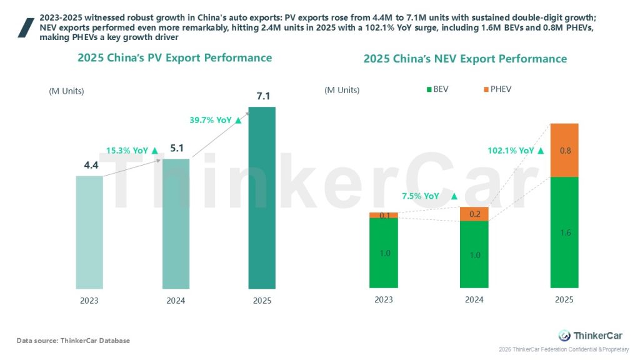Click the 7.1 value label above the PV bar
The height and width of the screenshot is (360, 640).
[262, 96]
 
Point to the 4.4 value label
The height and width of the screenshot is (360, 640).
[90, 166]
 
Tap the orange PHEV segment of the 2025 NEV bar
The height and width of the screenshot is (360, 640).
[564, 150]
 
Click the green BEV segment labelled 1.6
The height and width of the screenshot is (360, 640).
[564, 233]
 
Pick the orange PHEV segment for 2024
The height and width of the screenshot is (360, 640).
[474, 214]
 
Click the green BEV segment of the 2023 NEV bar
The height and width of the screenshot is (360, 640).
[384, 253]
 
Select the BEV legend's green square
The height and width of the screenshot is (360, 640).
[429, 89]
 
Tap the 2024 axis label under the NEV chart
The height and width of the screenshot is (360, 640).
[474, 300]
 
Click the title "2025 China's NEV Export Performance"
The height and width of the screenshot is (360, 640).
[465, 59]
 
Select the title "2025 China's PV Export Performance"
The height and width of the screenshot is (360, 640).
[174, 58]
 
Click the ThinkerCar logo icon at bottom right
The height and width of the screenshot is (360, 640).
[564, 336]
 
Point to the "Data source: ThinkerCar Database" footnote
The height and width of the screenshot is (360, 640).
[73, 341]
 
